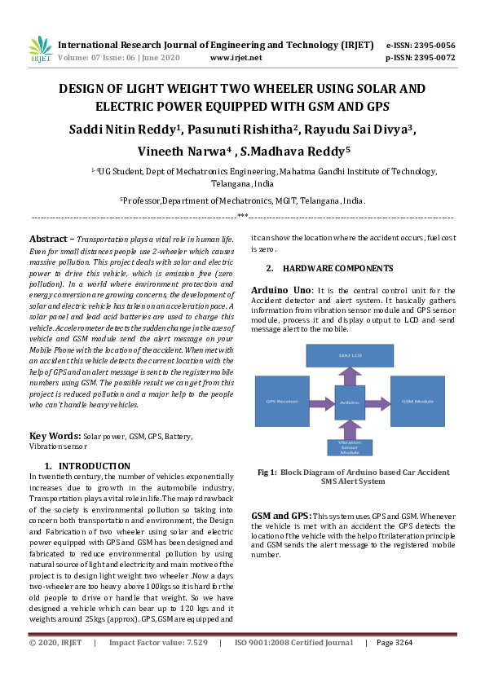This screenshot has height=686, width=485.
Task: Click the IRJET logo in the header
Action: point(40,51)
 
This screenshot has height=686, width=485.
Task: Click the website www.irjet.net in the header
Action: point(236,58)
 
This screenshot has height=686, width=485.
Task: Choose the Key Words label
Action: point(55,436)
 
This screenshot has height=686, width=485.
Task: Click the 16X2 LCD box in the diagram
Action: point(348,355)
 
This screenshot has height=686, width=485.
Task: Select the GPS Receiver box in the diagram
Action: point(282,401)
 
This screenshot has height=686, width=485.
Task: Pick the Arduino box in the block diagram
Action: point(349,401)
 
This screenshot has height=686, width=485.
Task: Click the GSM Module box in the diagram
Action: point(417,401)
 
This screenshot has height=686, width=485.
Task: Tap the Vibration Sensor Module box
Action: point(349,447)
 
